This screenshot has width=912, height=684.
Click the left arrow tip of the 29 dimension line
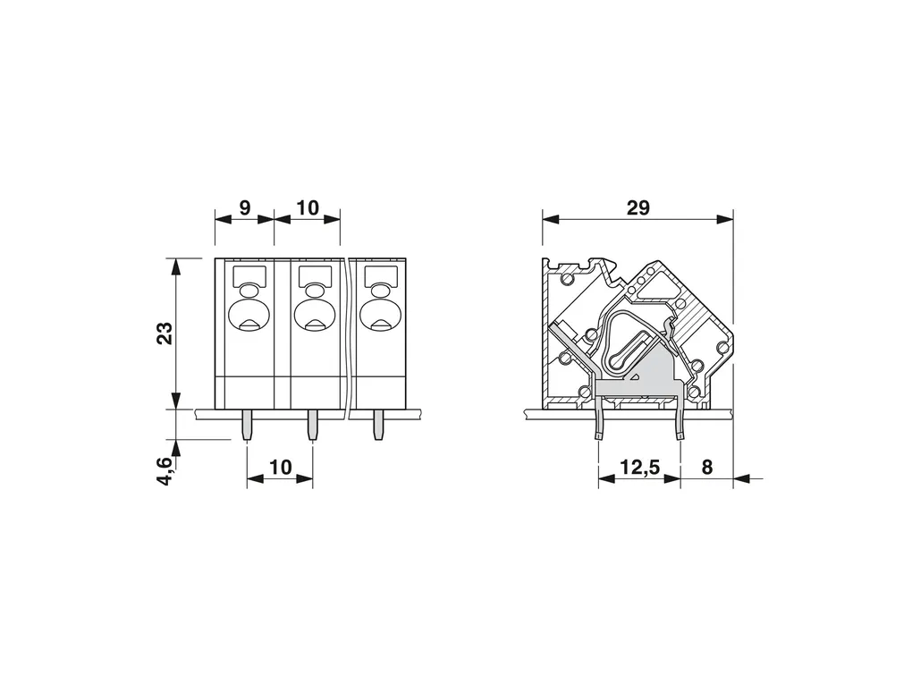pyautogui.click(x=543, y=219)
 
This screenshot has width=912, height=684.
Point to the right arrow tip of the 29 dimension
pyautogui.click(x=732, y=219)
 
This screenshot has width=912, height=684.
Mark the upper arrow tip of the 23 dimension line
pyautogui.click(x=175, y=258)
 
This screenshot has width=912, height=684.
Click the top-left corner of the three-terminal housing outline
pyautogui.click(x=215, y=258)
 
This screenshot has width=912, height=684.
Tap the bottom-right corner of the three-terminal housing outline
pyautogui.click(x=405, y=409)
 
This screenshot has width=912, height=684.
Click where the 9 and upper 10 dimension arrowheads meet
pyautogui.click(x=274, y=219)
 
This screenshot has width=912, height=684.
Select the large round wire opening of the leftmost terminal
pyautogui.click(x=249, y=314)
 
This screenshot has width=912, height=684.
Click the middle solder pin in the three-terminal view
pyautogui.click(x=313, y=425)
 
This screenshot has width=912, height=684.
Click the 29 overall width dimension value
pyautogui.click(x=638, y=207)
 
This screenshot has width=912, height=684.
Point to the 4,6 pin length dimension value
pyautogui.click(x=165, y=470)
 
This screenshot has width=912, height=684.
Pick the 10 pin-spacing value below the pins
pyautogui.click(x=281, y=467)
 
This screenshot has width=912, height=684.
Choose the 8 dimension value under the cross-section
pyautogui.click(x=706, y=467)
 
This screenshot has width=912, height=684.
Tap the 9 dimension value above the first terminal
pyautogui.click(x=245, y=207)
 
